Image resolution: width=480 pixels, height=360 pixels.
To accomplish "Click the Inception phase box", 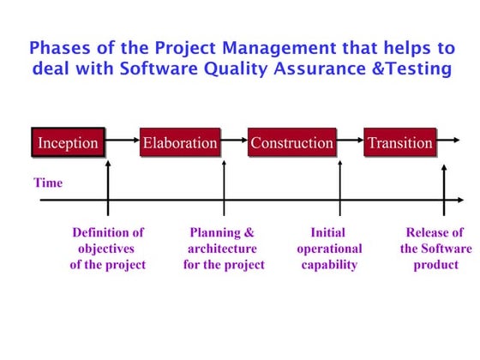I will [x=68, y=142].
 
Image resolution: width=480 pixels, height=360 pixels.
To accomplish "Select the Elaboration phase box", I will [x=180, y=142].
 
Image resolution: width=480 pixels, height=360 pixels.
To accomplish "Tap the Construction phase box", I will [x=291, y=142].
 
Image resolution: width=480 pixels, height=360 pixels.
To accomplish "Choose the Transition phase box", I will [x=400, y=142].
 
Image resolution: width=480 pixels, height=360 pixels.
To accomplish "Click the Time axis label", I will [x=48, y=183].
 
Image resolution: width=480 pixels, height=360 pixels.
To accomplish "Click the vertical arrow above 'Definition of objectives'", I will [x=108, y=184].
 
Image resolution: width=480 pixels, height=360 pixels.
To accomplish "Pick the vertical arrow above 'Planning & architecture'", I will [x=225, y=184].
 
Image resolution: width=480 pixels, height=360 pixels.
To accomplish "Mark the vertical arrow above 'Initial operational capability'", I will [x=340, y=184].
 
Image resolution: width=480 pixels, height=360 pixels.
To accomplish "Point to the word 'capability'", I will [x=329, y=265].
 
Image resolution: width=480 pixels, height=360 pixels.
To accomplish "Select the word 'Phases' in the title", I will [x=59, y=48].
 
